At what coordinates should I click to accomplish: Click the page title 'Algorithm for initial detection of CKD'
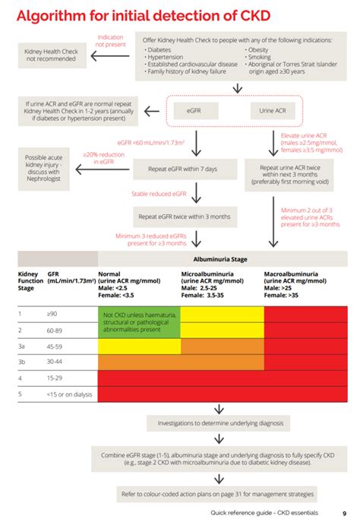point(144,15)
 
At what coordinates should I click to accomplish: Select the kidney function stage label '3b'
point(24,362)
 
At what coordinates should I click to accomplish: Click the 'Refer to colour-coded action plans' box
point(217,494)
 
